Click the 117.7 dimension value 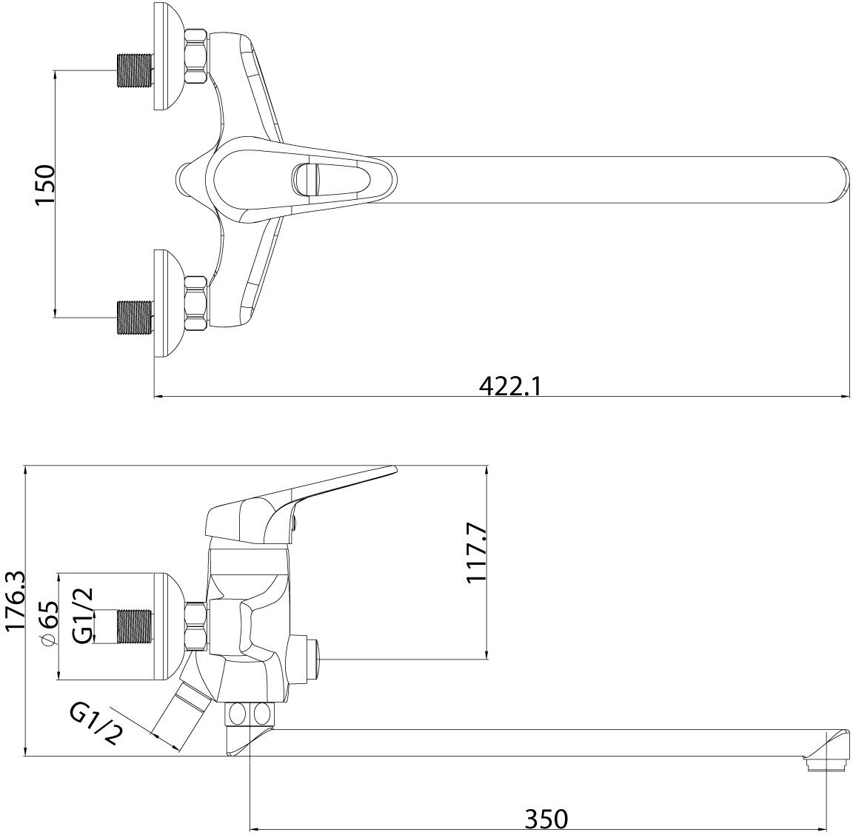[476, 554]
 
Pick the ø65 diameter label [49, 624]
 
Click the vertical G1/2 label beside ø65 [84, 615]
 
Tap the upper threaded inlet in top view [135, 71]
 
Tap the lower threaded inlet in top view [135, 318]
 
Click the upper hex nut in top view [195, 56]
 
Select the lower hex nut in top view [195, 302]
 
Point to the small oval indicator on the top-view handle [305, 179]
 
